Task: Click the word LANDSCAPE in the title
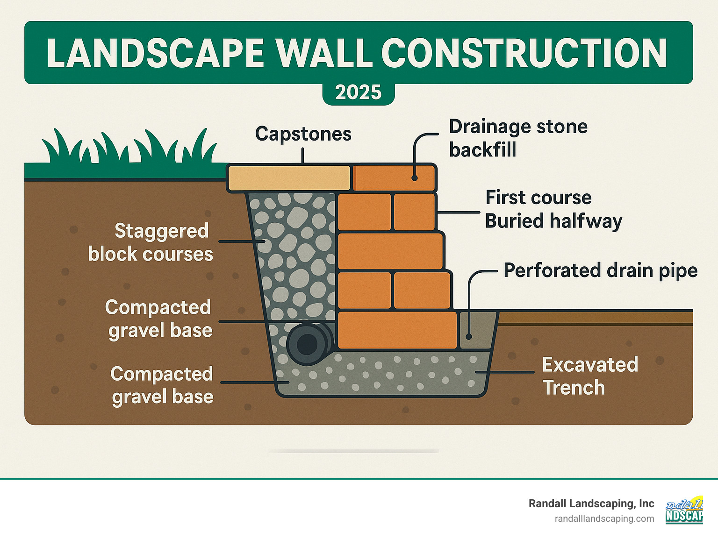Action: (156, 53)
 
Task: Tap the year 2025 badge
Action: (359, 92)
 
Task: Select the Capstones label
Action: (303, 134)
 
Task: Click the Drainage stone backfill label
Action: (518, 138)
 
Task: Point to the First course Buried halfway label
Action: (553, 209)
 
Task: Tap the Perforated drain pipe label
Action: (600, 270)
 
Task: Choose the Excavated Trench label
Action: (590, 376)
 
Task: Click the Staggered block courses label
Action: (151, 242)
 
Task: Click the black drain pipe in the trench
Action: (308, 344)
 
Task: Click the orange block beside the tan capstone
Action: (394, 178)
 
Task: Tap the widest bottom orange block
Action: (396, 330)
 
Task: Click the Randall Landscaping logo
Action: (684, 511)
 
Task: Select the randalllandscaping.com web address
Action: (604, 519)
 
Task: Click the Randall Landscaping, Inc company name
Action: (591, 504)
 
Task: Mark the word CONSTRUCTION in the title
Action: (526, 53)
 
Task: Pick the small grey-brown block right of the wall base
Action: (477, 330)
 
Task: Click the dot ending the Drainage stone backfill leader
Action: (414, 177)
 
